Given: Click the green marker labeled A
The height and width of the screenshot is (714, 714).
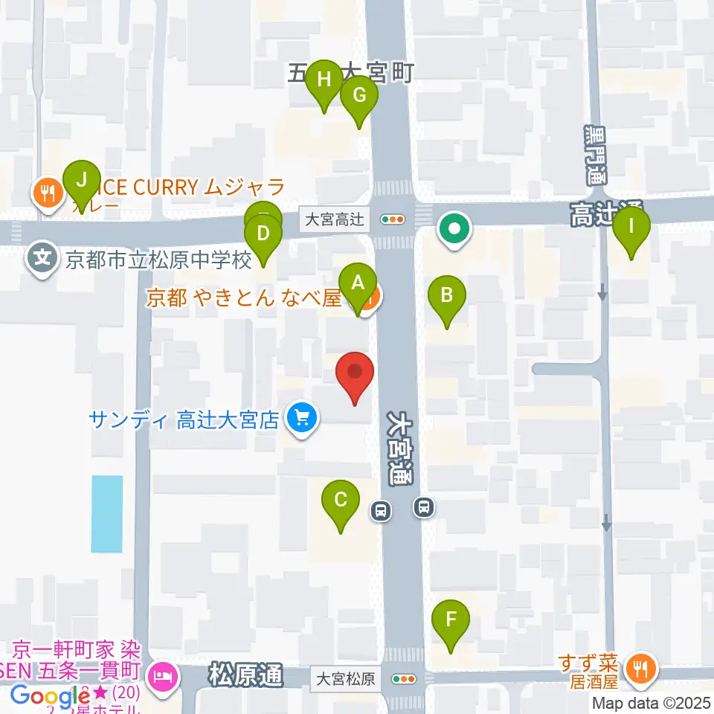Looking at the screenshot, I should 358,285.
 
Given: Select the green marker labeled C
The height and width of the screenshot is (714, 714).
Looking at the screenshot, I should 341,501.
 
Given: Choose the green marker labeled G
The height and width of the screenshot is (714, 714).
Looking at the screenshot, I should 359,97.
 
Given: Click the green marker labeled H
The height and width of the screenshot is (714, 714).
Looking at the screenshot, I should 324,80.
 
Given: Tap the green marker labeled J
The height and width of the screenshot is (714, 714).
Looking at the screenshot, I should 82,181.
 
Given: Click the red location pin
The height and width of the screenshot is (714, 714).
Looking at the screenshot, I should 355,372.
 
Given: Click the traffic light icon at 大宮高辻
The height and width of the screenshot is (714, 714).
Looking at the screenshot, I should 392,219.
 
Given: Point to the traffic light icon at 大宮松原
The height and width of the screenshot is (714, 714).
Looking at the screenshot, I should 404,678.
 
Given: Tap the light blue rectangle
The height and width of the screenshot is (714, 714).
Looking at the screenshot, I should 106,513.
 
